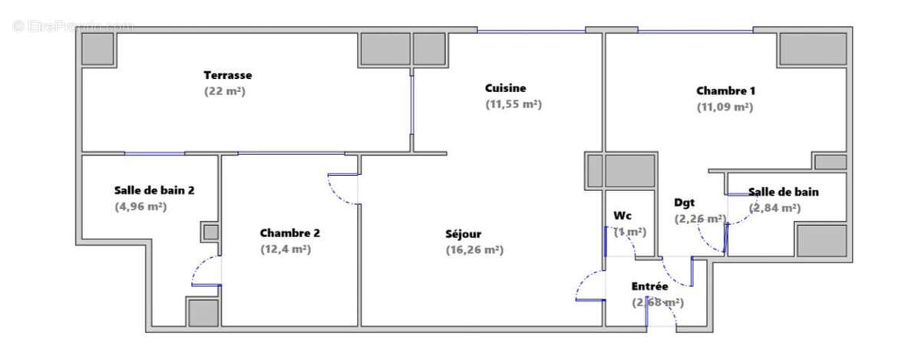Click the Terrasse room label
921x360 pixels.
click(x=228, y=75)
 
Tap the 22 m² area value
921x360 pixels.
click(x=224, y=91)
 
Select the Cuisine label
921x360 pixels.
click(x=505, y=88)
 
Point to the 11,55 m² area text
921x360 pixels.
click(x=513, y=104)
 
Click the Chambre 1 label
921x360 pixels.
click(x=725, y=91)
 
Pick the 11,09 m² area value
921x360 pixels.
click(x=725, y=107)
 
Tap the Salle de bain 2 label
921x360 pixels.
click(x=154, y=190)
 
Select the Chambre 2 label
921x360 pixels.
click(x=289, y=233)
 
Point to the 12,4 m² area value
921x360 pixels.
click(x=286, y=249)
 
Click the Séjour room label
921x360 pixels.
click(x=464, y=233)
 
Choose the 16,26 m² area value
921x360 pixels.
click(x=474, y=249)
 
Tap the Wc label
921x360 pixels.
click(x=622, y=216)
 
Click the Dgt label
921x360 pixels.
click(x=685, y=203)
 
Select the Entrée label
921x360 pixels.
click(x=649, y=286)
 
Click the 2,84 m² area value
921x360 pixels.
click(x=774, y=208)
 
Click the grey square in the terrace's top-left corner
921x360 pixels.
click(x=99, y=49)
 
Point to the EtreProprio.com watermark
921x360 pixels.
click(x=74, y=26)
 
